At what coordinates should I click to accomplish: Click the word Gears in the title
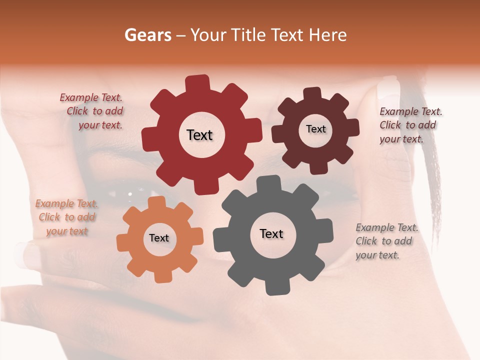click(x=148, y=35)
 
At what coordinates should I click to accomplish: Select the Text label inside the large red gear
click(x=199, y=135)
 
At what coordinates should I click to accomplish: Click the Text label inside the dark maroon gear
click(x=315, y=129)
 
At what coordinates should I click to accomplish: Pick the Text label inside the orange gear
click(x=159, y=238)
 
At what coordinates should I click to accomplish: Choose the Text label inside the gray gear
click(x=271, y=233)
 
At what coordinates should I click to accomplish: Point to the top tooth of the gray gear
click(x=269, y=184)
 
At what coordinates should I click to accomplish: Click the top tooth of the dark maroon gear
click(x=312, y=94)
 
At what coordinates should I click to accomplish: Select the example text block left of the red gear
click(x=92, y=111)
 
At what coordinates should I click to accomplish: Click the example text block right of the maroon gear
click(x=410, y=125)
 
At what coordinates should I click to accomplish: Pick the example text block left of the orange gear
click(x=67, y=217)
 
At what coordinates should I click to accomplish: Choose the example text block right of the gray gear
click(x=386, y=241)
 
